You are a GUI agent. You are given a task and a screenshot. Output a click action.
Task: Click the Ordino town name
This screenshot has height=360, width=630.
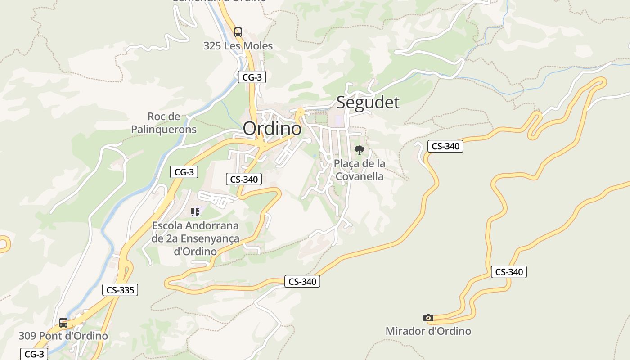[272, 129]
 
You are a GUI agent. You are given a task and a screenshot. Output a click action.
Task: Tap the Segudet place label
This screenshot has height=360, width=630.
[368, 102]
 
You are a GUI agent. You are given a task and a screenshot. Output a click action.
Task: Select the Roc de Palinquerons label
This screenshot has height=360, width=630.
[164, 123]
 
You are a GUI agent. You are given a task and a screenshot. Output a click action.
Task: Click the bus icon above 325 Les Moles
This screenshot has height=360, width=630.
[238, 32]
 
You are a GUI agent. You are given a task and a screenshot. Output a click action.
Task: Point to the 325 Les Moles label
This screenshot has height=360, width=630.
[238, 46]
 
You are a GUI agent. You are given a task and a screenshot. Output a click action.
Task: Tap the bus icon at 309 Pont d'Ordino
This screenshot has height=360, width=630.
[63, 323]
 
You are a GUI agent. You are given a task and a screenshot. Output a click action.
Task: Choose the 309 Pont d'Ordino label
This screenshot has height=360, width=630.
[63, 336]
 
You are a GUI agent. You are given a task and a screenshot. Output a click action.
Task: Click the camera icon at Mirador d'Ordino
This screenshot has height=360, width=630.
[428, 318]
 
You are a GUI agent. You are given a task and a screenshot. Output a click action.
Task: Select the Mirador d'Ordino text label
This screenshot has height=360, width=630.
[428, 331]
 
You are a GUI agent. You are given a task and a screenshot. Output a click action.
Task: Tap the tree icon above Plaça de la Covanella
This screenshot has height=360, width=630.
[359, 150]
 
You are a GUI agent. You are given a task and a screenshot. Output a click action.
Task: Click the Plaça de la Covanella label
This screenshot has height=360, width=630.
[360, 170]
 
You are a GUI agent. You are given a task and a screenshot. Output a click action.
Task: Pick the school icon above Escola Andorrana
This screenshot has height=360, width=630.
[195, 212]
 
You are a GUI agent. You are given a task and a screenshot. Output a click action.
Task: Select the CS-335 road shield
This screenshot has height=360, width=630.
[120, 290]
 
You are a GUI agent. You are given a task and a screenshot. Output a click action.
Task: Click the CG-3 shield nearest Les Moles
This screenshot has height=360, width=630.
[252, 77]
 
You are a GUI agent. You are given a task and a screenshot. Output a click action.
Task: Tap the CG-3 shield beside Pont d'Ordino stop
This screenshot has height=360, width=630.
[34, 354]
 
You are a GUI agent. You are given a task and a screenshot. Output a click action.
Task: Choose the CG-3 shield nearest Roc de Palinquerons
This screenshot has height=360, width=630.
[184, 172]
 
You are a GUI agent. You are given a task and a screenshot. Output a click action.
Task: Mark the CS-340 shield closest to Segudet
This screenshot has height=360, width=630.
[445, 146]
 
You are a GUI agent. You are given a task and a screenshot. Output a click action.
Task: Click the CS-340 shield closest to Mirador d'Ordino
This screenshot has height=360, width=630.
[509, 272]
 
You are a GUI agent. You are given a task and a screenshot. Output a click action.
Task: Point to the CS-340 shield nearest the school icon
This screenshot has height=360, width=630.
[244, 180]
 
